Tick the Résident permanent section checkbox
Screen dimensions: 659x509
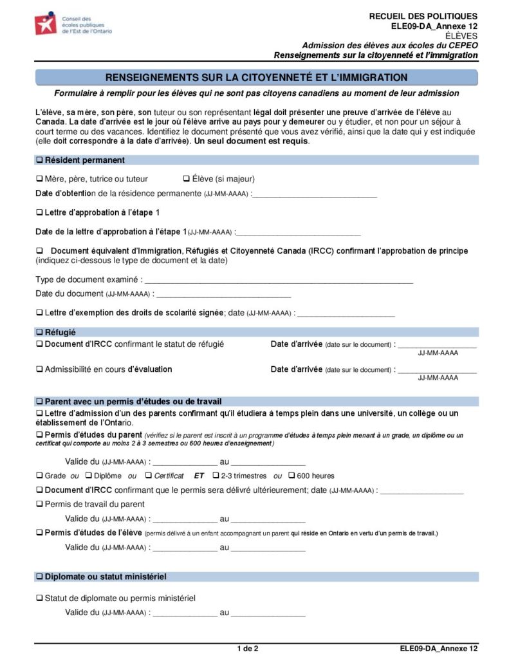(x=39, y=160)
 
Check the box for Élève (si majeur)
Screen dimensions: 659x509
(x=187, y=179)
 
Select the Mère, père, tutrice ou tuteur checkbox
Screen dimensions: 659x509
(x=39, y=179)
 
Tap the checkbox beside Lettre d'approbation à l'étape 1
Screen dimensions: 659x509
(x=39, y=212)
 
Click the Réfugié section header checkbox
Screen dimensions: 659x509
(x=39, y=332)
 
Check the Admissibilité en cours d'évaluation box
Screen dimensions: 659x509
(x=39, y=370)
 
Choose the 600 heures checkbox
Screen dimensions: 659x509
(x=292, y=476)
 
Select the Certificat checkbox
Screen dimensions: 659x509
(x=149, y=476)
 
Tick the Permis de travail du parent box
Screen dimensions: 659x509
(x=39, y=505)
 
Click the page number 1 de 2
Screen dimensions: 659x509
(x=248, y=648)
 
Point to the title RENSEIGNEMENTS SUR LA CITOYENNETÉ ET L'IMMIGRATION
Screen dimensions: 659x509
(x=256, y=78)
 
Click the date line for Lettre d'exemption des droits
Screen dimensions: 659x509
(x=346, y=313)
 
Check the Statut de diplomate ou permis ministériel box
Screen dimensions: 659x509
(x=39, y=599)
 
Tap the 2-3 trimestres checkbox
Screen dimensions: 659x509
(x=216, y=476)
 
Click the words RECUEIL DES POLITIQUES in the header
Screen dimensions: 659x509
(x=423, y=16)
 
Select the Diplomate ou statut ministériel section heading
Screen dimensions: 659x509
(x=106, y=577)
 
